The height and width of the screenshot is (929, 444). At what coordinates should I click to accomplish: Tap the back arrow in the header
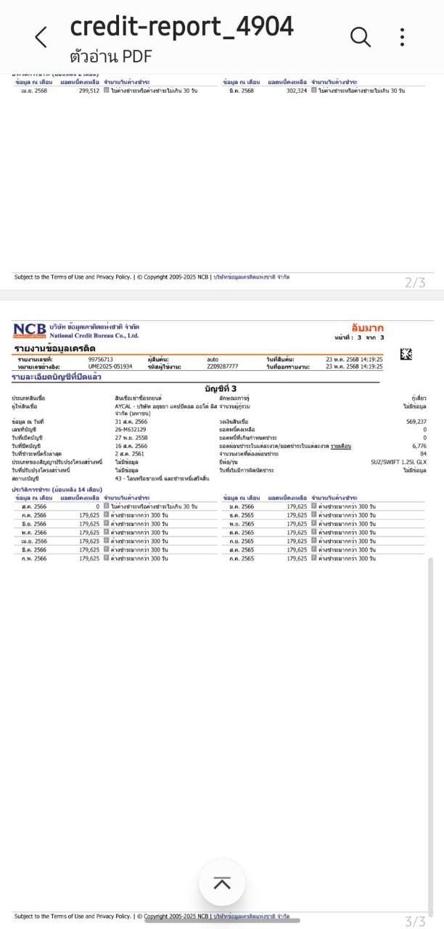pos(41,37)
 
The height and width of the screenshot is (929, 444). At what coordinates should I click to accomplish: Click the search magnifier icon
pos(361,36)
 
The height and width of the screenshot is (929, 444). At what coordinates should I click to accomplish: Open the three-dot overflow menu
pos(402,37)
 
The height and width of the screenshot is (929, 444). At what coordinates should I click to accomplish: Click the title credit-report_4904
pos(181,27)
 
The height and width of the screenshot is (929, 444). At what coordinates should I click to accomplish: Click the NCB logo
pos(29,331)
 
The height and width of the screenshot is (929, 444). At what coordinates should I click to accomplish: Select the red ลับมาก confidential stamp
pos(367,329)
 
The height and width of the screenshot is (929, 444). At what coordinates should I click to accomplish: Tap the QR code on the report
pos(406,354)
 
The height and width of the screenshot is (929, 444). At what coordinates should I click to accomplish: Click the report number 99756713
pos(101,359)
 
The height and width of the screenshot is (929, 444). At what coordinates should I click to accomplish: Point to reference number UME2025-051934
pos(110,367)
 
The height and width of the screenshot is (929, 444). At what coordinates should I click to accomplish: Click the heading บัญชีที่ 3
pos(221,389)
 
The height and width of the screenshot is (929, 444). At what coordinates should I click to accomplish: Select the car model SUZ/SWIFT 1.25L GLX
pos(398,462)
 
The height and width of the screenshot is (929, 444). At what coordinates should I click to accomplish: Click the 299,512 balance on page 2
pos(89,91)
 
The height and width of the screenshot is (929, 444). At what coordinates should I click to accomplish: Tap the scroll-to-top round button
pos(222,883)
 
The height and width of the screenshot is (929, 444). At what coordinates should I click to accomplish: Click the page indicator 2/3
pos(415,283)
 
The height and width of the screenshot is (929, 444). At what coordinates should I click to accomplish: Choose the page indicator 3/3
pos(415,922)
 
